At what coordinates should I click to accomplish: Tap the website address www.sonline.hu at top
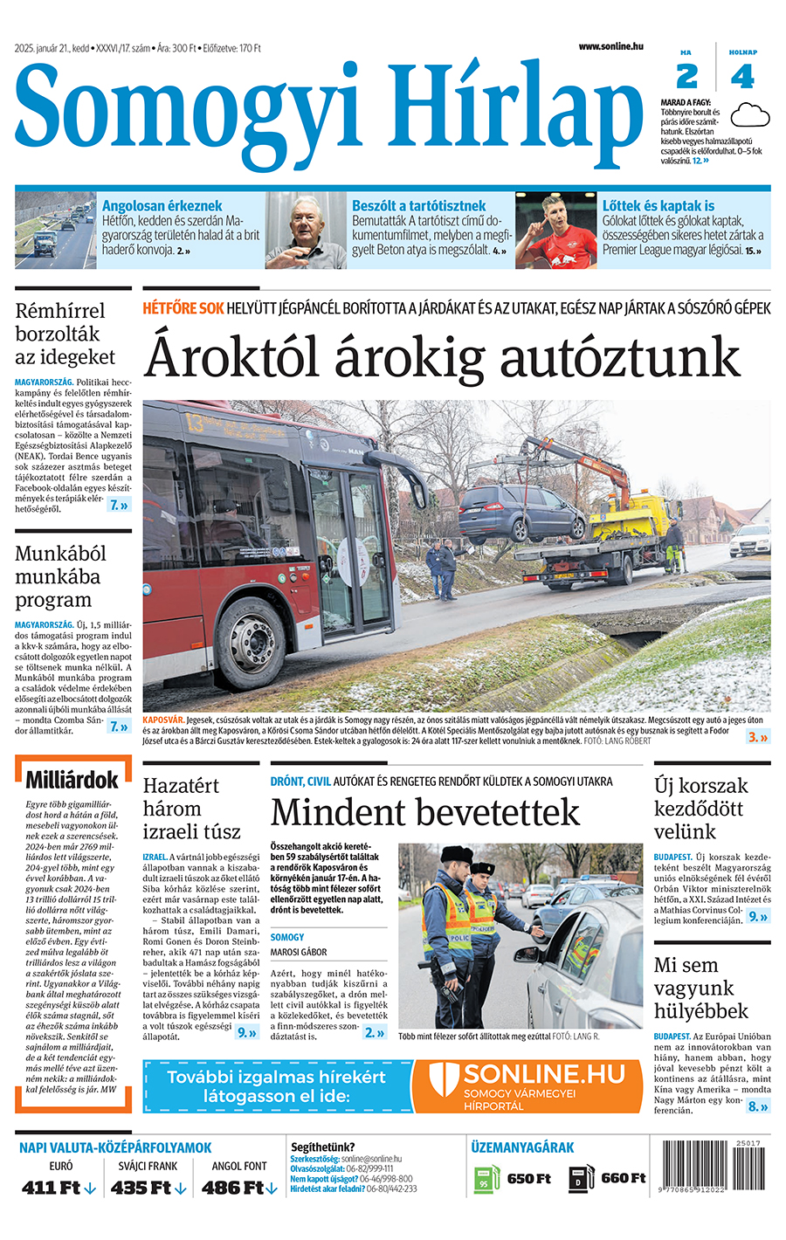(x=610, y=46)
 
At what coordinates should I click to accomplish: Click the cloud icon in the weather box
(x=749, y=114)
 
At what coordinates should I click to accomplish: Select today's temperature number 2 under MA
(x=687, y=77)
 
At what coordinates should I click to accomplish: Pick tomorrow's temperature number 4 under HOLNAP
(x=742, y=77)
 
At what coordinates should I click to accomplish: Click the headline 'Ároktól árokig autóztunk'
(x=442, y=357)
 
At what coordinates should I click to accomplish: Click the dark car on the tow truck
(x=521, y=514)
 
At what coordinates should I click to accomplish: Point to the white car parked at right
(x=750, y=540)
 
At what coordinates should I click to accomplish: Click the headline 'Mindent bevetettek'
(x=425, y=812)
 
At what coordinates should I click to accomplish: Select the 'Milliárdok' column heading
(x=72, y=780)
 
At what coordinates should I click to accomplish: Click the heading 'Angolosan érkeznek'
(x=162, y=206)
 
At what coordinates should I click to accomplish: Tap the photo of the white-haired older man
(x=306, y=231)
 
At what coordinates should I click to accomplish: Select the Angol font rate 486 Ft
(x=233, y=1188)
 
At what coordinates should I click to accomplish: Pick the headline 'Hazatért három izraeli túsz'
(x=191, y=809)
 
